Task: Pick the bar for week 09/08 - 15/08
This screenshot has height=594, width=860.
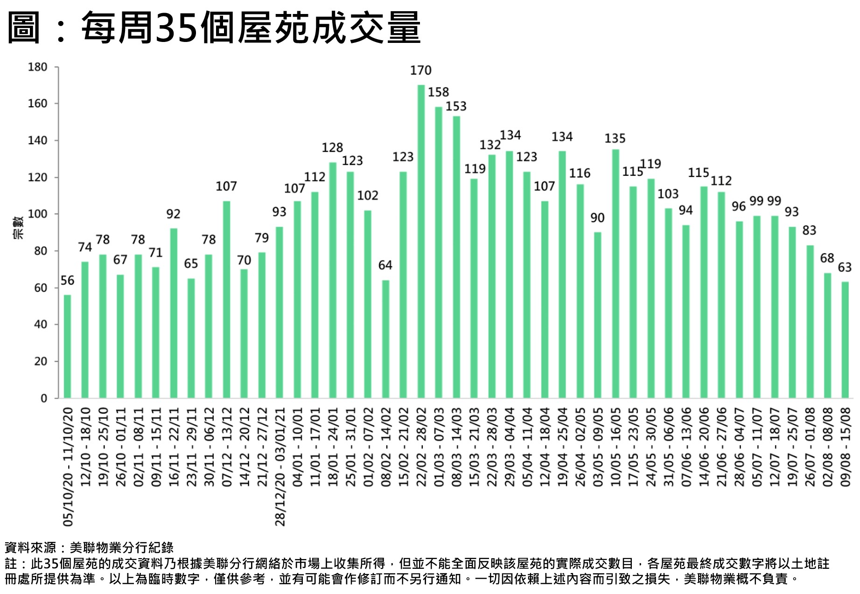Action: coord(845,340)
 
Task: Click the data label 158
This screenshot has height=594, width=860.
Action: coord(438,92)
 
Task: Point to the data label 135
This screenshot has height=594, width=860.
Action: coord(615,138)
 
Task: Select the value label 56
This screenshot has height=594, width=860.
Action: coord(67,281)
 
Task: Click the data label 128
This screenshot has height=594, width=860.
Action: coord(332,148)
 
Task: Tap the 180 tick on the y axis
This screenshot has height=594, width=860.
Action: coord(38,67)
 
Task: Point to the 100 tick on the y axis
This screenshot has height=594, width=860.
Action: coord(38,214)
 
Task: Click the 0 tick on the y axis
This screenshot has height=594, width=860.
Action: coord(44,398)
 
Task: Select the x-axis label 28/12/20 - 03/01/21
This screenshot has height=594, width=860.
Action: coord(280,467)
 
